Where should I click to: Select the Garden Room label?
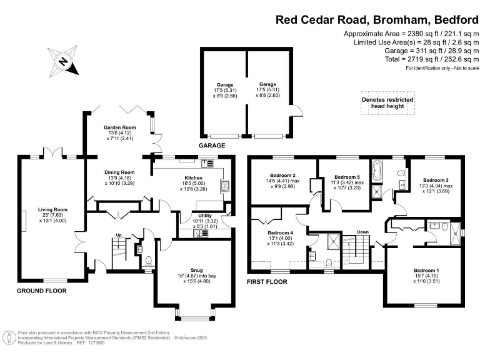coord(119,127)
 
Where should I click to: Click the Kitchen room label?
coord(192,178)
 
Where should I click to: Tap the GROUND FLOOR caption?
coord(41,291)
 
